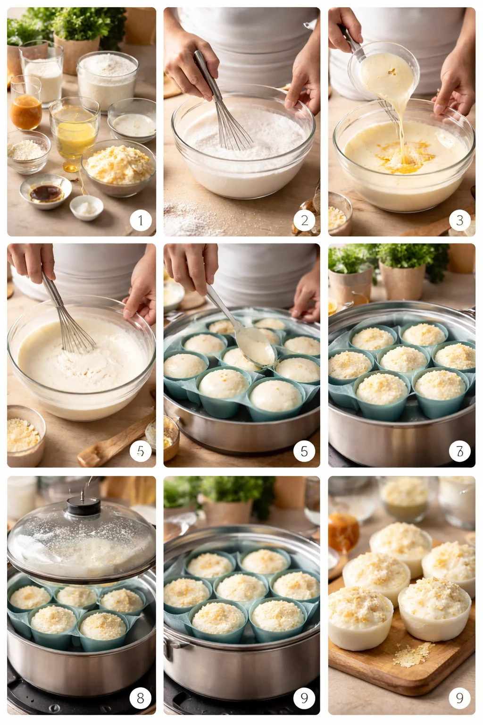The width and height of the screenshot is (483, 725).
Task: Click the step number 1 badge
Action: coord(141,220)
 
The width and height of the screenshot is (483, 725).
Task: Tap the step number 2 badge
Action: coord(304,220)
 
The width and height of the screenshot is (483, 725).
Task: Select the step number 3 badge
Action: coord(459,220)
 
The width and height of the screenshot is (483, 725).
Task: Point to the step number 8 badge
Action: coord(141,698)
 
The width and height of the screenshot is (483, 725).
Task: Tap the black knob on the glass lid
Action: coord(83,505)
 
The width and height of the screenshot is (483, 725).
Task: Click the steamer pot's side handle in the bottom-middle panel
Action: coord(169,649)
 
